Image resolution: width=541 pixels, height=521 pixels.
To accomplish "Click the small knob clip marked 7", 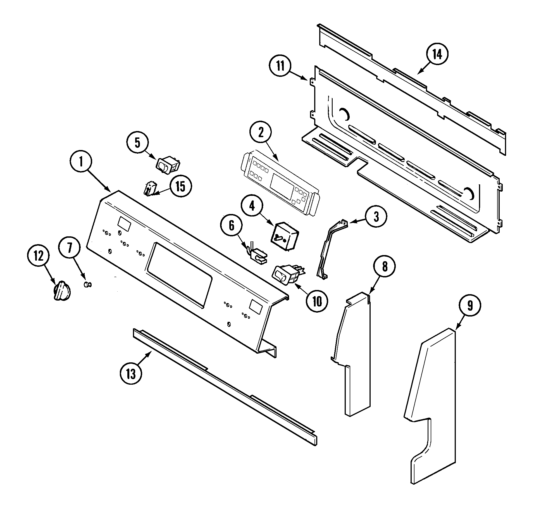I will [88, 284].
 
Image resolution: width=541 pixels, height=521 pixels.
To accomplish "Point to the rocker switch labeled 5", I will [168, 167].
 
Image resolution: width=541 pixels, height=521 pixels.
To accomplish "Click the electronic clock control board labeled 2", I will [279, 183].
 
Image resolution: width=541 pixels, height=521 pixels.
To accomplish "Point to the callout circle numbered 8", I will [385, 267].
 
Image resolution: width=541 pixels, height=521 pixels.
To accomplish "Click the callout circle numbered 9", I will [470, 306].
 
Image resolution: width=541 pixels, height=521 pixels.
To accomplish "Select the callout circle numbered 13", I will [131, 374].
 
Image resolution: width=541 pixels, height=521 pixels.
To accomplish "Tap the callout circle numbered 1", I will [81, 162].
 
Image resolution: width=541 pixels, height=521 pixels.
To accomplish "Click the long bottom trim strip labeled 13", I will [223, 386].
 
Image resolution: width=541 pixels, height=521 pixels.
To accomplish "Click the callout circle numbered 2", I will [261, 133].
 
